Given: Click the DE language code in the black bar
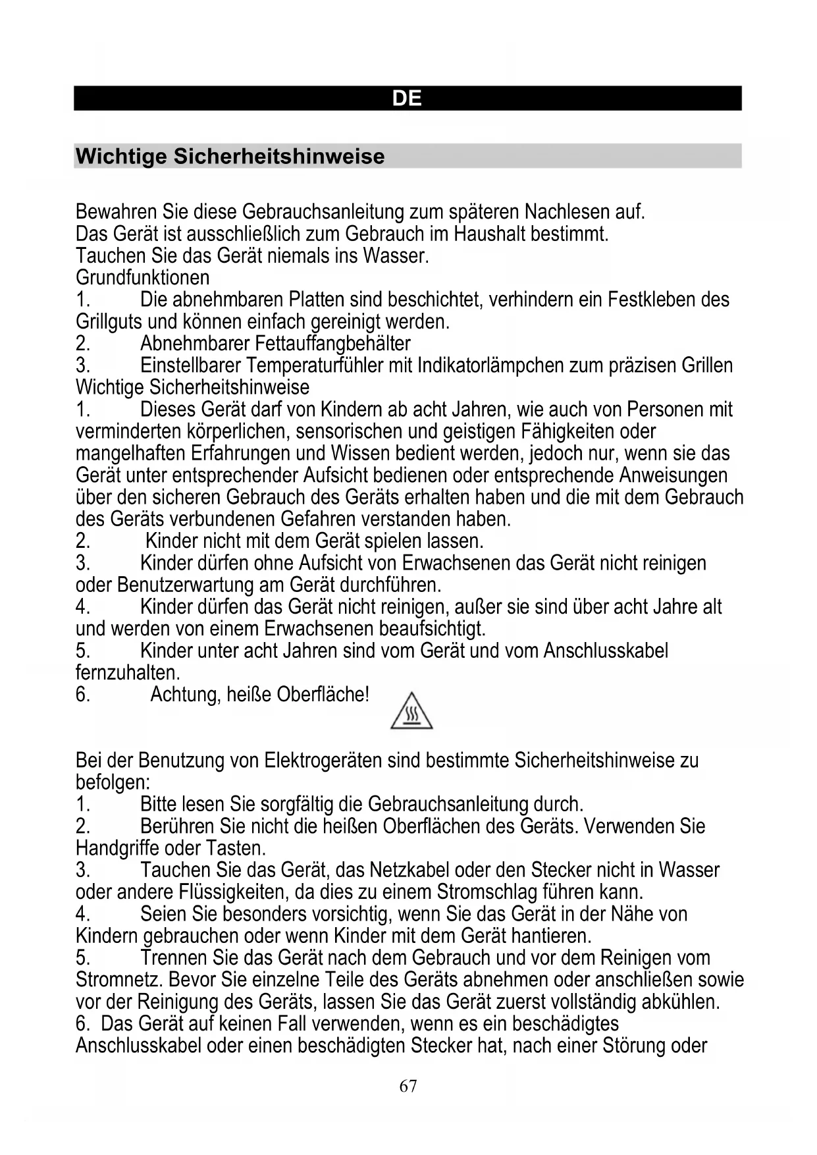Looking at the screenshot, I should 407,99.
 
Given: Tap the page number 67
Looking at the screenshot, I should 408,1086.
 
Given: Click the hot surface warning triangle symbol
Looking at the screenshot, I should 411,711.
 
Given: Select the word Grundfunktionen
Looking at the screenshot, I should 142,278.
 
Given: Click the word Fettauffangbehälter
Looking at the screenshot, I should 332,344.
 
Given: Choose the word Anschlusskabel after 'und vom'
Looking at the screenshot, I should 606,651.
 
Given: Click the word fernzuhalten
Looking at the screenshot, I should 128,673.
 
